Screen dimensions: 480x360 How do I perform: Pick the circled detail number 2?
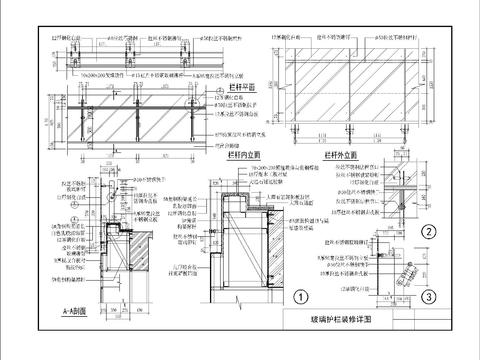point(427,232)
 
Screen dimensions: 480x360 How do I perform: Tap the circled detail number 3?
point(427,296)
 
